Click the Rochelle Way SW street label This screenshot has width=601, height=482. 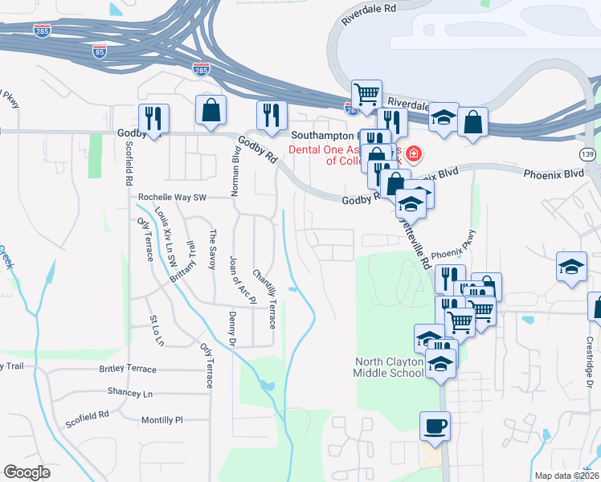point(172,196)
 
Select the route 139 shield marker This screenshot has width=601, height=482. point(590,153)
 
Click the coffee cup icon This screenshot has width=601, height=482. point(435,426)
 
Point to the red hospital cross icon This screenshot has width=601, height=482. point(414,153)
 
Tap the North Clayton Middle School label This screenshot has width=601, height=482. point(390,367)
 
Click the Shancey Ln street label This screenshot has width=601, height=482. point(129,393)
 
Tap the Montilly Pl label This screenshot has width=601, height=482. point(162,419)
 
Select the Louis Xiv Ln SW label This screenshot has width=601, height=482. point(166,233)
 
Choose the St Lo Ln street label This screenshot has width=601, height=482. point(156,330)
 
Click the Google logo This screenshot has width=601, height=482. point(27,472)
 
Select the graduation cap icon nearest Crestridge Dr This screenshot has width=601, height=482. point(571,267)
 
